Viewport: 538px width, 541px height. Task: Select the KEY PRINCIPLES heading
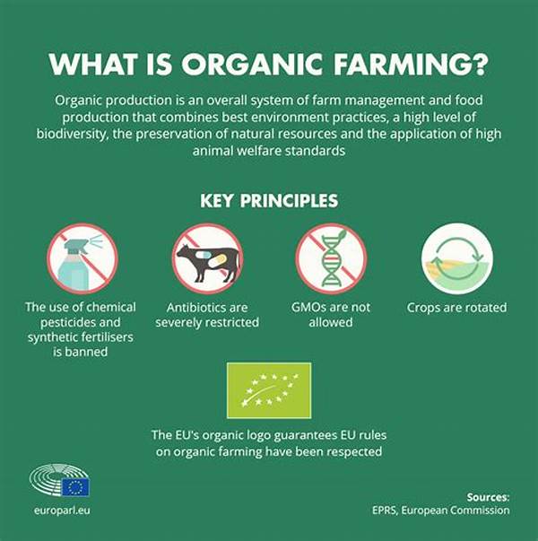[268, 200]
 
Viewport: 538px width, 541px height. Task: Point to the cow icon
[207, 260]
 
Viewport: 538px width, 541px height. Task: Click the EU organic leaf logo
[269, 391]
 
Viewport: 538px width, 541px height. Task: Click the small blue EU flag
[75, 487]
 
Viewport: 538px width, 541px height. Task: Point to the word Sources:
[488, 496]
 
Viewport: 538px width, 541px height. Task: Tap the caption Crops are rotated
[456, 308]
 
